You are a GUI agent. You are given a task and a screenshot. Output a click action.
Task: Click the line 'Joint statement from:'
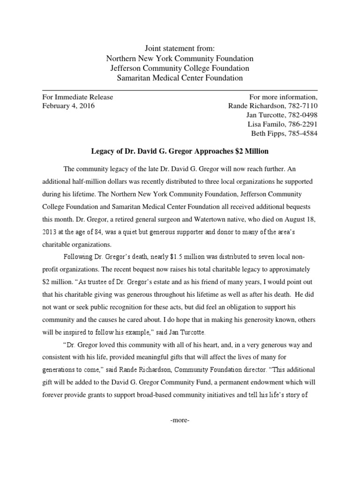pos(180,48)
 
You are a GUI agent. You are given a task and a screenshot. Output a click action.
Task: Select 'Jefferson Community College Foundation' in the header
pos(180,68)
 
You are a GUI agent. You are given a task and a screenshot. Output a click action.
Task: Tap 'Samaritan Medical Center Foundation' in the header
pos(180,78)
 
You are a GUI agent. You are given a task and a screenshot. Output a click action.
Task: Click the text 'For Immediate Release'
pos(77,97)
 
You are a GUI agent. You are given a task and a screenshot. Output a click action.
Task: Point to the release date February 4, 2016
pos(68,106)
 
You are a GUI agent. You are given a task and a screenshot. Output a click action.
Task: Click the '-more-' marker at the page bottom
pos(180,420)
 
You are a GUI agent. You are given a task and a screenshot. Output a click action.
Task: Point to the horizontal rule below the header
pos(180,90)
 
